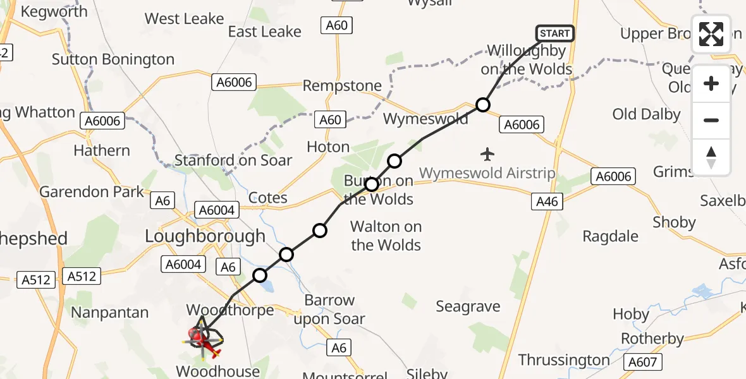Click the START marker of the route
554,33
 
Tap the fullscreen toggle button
711,34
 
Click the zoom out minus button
711,120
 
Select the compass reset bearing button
711,157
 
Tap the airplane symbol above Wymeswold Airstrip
487,153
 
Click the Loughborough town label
205,236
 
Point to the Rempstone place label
342,86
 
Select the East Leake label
264,32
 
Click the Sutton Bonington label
113,59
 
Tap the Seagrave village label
468,307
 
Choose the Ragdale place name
610,236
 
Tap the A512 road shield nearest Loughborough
82,276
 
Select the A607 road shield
644,362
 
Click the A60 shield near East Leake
336,25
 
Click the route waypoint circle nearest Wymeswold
483,105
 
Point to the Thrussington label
564,360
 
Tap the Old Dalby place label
646,114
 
